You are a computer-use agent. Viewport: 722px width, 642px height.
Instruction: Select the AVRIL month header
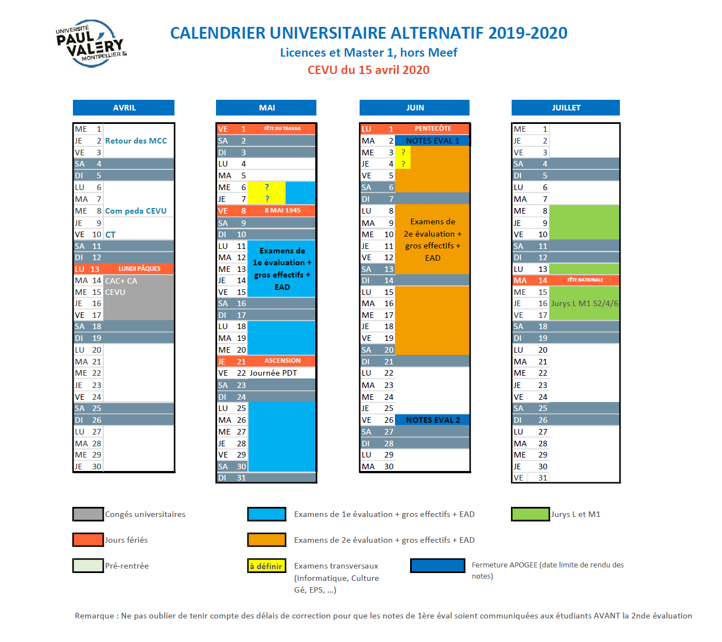(x=124, y=108)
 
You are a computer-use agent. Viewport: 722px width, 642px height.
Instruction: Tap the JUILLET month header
(x=565, y=108)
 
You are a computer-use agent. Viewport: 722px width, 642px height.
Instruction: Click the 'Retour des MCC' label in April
(x=136, y=141)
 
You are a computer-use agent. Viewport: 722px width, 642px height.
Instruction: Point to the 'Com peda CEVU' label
(x=136, y=211)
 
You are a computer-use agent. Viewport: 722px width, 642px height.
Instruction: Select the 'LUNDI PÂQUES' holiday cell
(x=139, y=269)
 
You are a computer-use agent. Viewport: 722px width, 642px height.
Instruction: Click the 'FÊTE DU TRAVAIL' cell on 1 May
(x=282, y=129)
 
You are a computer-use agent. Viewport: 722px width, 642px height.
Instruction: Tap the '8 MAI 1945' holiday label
(x=282, y=211)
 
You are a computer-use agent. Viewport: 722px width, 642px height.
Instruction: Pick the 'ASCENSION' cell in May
(x=282, y=361)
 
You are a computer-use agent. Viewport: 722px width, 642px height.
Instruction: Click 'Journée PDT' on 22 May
(x=273, y=373)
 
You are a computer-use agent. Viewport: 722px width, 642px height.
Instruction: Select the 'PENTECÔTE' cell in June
(x=433, y=129)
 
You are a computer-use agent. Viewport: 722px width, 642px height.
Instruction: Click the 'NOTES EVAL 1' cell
(x=432, y=141)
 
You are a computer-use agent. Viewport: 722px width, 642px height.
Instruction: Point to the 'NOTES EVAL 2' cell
(x=432, y=420)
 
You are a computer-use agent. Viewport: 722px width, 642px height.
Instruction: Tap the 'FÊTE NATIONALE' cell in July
(x=585, y=280)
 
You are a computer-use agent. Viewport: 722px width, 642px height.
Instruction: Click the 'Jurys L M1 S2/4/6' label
(x=585, y=303)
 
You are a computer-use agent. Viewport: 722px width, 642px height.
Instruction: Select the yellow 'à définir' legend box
(x=266, y=566)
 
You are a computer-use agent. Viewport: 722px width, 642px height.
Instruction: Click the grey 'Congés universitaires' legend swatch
(x=88, y=514)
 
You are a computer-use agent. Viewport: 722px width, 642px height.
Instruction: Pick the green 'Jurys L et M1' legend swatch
(x=530, y=514)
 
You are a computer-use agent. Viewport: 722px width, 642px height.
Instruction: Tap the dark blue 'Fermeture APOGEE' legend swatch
(x=438, y=566)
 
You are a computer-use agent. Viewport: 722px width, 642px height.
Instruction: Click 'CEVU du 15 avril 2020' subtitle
(x=369, y=70)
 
